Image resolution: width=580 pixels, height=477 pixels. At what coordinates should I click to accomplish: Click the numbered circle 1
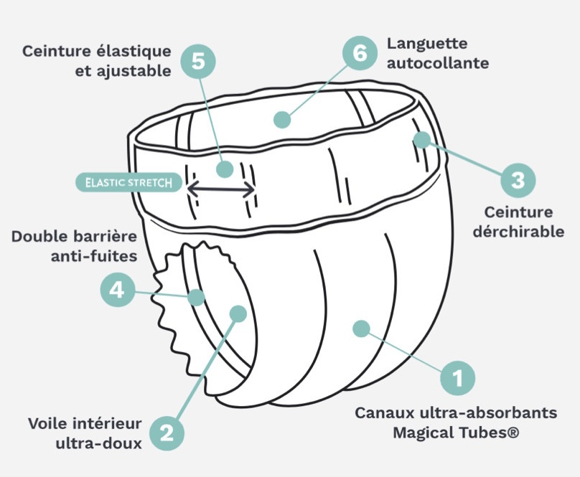coord(457,378)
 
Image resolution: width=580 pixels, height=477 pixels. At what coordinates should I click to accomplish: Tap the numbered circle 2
coord(167,433)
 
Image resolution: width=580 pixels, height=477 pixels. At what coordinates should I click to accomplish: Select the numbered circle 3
coord(518,181)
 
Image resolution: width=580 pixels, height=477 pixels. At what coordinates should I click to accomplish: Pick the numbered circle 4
coord(117,290)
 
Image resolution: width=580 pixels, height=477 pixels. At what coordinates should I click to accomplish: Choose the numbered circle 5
coord(198,62)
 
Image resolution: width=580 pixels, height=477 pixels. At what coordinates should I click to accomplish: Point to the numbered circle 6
coord(360,53)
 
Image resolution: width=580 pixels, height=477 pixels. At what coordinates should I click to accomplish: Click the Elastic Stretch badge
coord(128,183)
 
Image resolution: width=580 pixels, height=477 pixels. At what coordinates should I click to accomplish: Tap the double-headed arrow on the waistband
coord(221,189)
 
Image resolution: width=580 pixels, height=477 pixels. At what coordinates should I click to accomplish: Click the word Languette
coord(427,44)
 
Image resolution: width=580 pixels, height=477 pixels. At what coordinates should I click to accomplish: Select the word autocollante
coord(438,63)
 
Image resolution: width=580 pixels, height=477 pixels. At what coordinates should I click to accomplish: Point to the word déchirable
coord(518,232)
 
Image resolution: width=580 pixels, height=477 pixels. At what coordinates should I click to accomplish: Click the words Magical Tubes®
coord(456,433)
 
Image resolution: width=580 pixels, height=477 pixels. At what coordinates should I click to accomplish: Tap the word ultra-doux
coord(99,443)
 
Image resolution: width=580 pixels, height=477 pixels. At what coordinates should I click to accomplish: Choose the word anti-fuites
coord(94,256)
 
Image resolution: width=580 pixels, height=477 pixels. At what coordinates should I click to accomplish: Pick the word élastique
coord(134,52)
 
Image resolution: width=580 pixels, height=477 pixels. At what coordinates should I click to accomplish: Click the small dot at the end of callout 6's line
coord(282,120)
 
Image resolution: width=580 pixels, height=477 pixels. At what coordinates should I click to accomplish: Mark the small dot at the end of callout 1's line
coord(361,329)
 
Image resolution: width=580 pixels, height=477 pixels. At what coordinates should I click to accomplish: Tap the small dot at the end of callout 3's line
coord(421,140)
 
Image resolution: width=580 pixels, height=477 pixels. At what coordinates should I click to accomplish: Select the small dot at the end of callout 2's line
coord(238,313)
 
